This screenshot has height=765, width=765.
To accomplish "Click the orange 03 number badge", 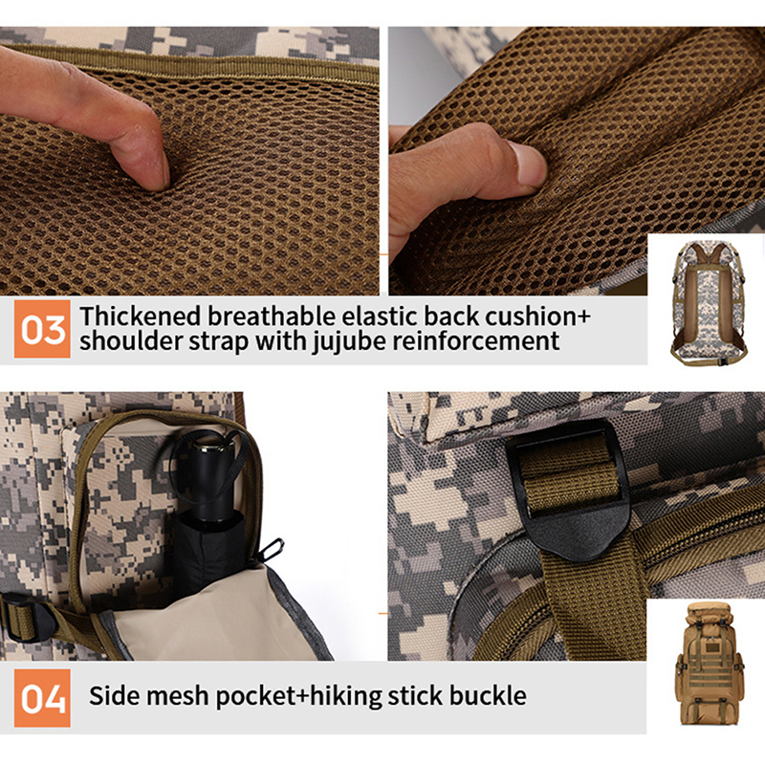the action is coord(42,329).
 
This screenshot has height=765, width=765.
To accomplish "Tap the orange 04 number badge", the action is coord(42,698).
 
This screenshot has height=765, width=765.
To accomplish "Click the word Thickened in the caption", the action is coord(141,317).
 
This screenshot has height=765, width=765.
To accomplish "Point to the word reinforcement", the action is coord(476,341).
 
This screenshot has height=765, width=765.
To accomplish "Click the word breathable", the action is coord(272,317).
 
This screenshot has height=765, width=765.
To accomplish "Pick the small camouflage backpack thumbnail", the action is coord(709,302).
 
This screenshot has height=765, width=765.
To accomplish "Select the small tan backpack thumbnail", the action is coord(710,663).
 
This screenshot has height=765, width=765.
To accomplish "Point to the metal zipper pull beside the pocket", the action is coord(272,549).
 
